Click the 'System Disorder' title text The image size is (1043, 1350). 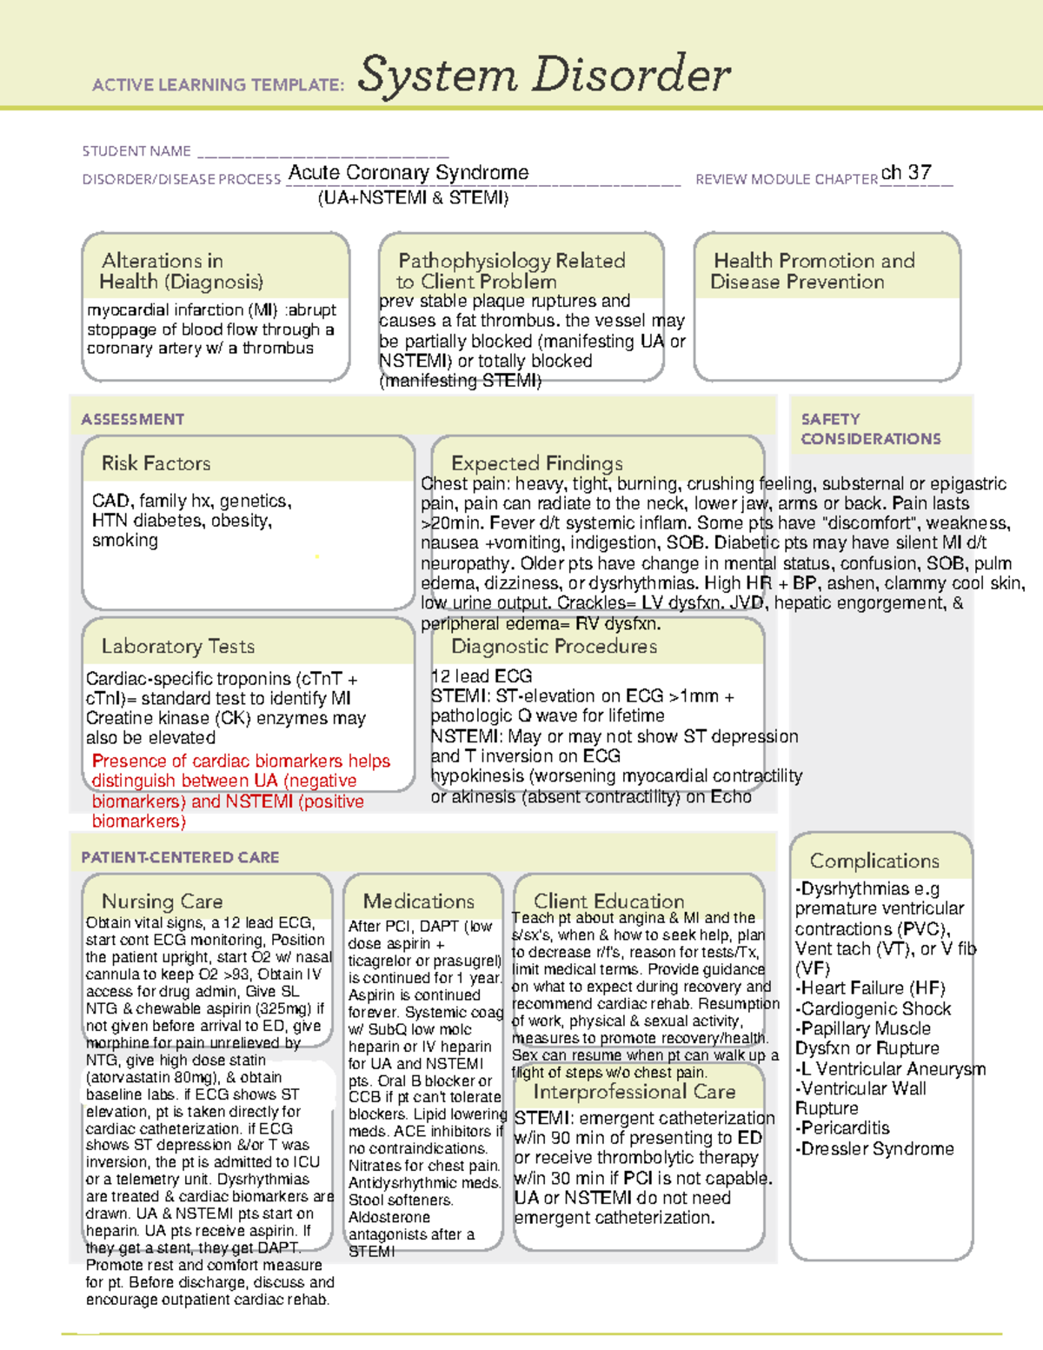(544, 75)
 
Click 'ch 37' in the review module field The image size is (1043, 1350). (906, 173)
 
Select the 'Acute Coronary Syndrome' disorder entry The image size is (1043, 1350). (409, 173)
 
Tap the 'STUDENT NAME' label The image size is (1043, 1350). (136, 151)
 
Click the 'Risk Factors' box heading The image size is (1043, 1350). (156, 463)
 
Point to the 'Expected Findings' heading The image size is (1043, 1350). (536, 463)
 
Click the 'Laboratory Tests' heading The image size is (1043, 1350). (177, 646)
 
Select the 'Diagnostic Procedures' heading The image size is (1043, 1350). (554, 646)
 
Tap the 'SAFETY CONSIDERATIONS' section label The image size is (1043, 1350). (870, 429)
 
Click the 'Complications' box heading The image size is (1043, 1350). (874, 861)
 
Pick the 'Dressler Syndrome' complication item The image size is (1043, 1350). (877, 1148)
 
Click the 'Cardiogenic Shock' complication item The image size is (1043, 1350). (875, 1008)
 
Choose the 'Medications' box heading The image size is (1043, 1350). (418, 901)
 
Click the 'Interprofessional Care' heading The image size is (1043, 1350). (634, 1092)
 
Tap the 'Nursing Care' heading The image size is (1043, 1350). (162, 901)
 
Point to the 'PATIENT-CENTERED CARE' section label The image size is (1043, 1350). (180, 857)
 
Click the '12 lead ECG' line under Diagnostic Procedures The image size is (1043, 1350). (482, 675)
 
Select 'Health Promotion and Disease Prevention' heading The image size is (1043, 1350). (813, 271)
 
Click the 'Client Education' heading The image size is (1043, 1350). (608, 901)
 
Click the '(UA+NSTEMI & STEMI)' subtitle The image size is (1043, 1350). (413, 197)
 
